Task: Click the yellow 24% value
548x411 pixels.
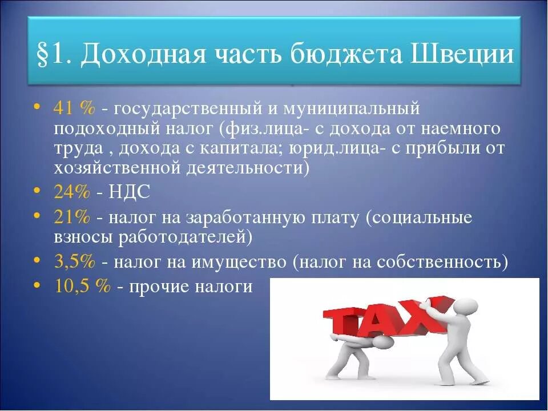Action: tap(72, 192)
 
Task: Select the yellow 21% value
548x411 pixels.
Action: tap(72, 217)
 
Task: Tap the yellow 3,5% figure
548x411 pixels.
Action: tap(74, 261)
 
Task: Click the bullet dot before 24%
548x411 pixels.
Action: tap(37, 190)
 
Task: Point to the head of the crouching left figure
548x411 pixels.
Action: tap(382, 343)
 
